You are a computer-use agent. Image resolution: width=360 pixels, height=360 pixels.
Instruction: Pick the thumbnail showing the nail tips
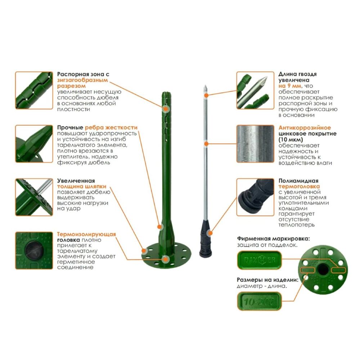[255, 90]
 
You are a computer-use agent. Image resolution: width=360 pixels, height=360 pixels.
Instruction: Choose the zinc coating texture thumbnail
[255, 144]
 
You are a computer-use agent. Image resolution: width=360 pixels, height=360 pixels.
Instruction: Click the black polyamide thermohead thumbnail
[255, 197]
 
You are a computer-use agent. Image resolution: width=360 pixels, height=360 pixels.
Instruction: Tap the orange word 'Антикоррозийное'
[305, 127]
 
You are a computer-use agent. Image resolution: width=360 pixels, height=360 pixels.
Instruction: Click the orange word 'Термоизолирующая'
[86, 234]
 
